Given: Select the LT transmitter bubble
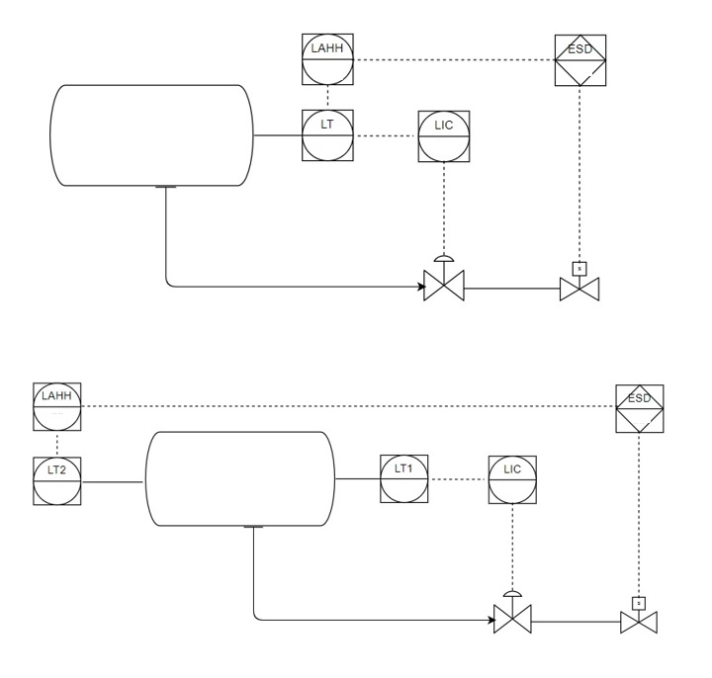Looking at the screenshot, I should pyautogui.click(x=328, y=135).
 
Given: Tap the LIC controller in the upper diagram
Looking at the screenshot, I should pyautogui.click(x=443, y=135).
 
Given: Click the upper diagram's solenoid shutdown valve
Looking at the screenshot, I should pyautogui.click(x=578, y=290).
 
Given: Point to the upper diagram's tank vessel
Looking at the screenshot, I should pyautogui.click(x=152, y=135).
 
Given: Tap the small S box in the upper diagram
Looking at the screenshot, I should pyautogui.click(x=578, y=267).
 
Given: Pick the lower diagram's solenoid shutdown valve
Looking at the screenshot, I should pyautogui.click(x=639, y=623).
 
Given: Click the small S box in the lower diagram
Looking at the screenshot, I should pyautogui.click(x=639, y=601).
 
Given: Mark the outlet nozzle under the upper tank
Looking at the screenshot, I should pyautogui.click(x=166, y=188).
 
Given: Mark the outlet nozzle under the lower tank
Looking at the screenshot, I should pyautogui.click(x=254, y=527).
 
